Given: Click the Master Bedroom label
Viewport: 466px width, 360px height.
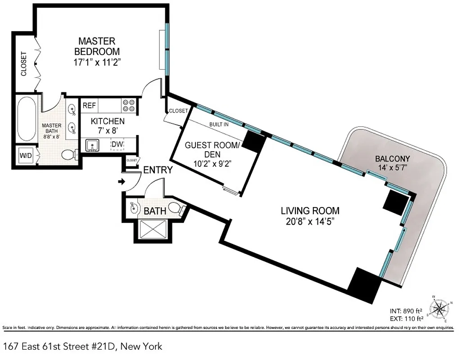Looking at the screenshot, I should tap(97, 46).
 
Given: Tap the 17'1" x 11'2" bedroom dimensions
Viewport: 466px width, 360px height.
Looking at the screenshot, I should tap(97, 63).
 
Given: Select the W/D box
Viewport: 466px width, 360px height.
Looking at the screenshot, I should tap(25, 156).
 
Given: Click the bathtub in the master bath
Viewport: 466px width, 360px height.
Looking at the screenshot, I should tap(26, 119).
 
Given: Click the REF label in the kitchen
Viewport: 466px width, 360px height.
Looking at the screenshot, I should tap(89, 106).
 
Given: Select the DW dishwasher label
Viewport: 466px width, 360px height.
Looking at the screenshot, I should tap(117, 144).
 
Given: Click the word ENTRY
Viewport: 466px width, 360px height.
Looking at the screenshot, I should tap(158, 170).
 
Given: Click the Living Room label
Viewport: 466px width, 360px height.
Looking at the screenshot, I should tap(310, 211).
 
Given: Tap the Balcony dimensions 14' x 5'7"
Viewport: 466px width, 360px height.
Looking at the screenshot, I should tap(393, 168).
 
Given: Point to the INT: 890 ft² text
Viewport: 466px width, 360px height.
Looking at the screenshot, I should tap(405, 311).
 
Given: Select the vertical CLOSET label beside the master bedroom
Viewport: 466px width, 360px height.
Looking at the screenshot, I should tap(23, 63).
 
